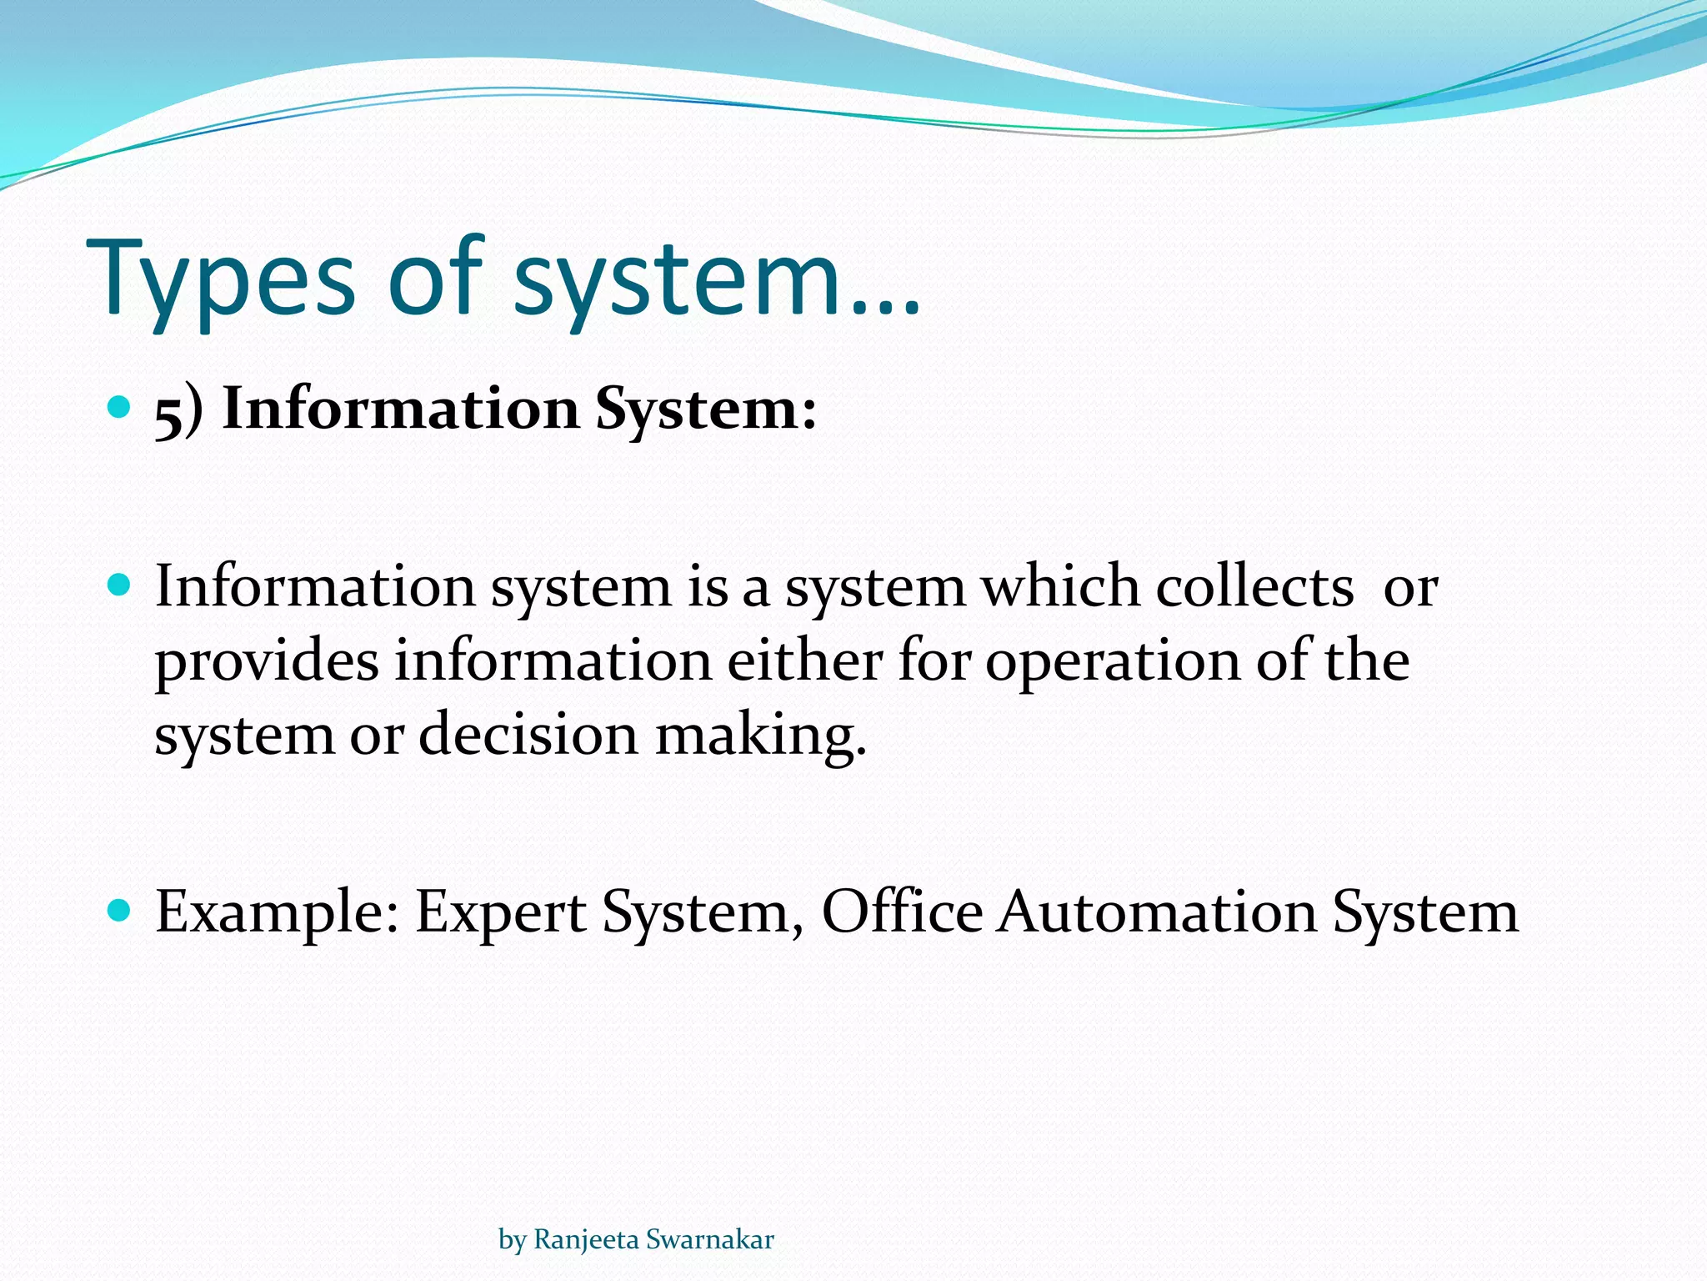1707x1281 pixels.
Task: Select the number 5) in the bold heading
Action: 179,410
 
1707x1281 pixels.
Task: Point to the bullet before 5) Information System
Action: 120,407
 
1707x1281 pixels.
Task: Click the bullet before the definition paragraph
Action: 120,585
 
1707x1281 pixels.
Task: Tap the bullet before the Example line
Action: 120,910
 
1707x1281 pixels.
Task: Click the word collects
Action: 1254,586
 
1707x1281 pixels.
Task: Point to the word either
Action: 804,660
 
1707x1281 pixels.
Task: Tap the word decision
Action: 528,734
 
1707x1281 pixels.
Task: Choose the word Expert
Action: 500,912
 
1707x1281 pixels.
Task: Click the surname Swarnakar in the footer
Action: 709,1239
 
